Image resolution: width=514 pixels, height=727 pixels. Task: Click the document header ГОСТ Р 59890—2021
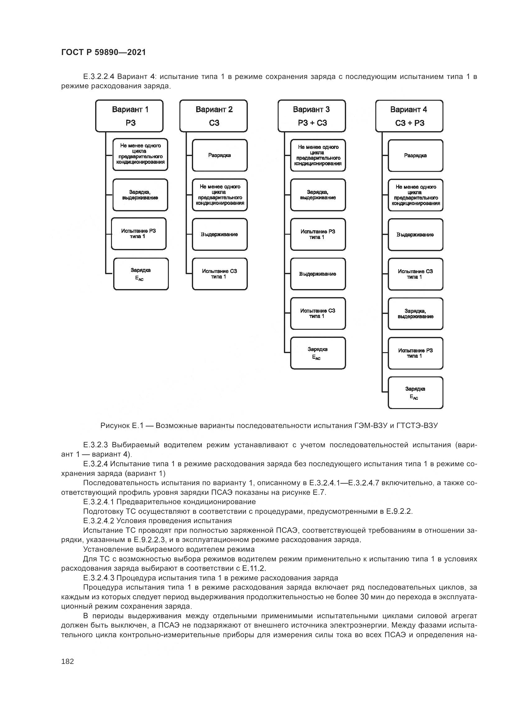tap(104, 52)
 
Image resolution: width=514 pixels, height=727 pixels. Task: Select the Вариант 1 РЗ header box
tap(129, 116)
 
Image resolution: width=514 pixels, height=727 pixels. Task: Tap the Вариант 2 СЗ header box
tap(213, 116)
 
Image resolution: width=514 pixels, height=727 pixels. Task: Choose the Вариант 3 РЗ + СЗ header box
tap(312, 116)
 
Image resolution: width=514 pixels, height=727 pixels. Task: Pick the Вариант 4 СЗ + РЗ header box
tap(409, 116)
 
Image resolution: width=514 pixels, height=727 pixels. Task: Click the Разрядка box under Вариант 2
tap(220, 155)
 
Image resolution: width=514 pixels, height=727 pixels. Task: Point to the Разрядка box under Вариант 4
tap(415, 156)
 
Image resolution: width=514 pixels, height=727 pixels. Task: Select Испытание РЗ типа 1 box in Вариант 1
tap(139, 234)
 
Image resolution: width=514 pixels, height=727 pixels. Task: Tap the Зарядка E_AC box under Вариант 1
tap(141, 274)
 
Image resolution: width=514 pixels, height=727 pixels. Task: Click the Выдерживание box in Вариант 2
tap(220, 235)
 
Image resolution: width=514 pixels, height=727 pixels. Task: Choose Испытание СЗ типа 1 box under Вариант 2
tap(220, 274)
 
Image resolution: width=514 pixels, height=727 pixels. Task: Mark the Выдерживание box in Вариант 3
tap(318, 274)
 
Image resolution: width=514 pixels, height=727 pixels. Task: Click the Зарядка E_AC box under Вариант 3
tap(318, 353)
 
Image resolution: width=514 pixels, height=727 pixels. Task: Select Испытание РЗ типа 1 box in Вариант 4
tap(415, 353)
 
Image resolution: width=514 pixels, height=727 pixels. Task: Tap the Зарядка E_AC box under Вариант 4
tap(415, 393)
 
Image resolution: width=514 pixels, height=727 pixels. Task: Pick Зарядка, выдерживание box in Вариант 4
tap(415, 314)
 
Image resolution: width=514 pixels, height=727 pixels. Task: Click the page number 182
tap(67, 661)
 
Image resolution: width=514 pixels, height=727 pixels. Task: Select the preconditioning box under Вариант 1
tap(140, 154)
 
